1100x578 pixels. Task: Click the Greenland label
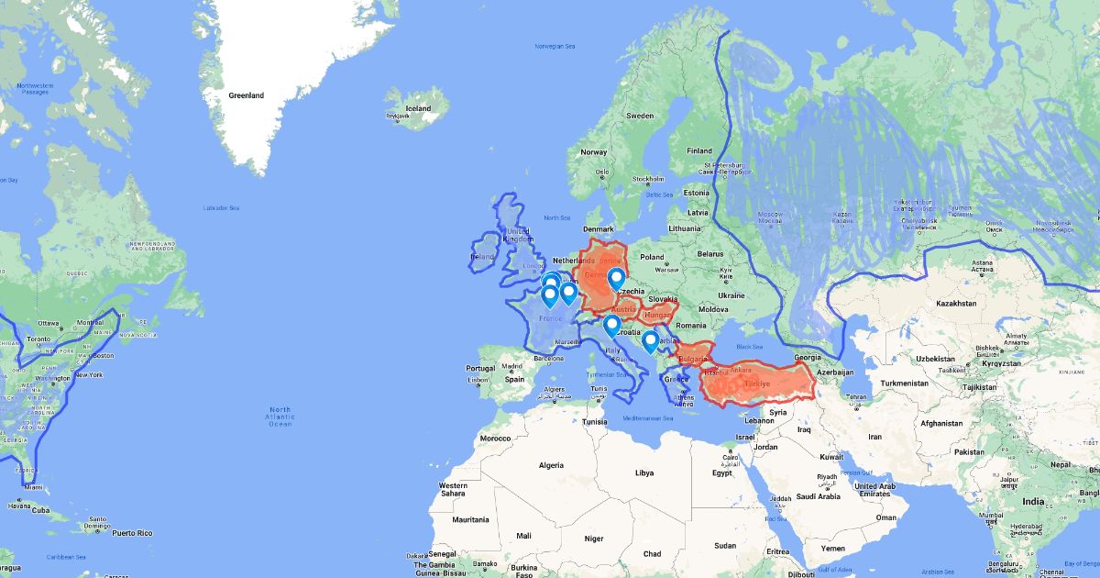(246, 95)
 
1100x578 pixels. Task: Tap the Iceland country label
(418, 108)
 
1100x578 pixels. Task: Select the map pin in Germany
(617, 277)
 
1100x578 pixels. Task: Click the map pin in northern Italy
(611, 325)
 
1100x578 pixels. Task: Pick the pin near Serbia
(650, 341)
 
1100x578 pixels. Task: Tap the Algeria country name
(551, 465)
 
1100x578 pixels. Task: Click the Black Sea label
(749, 346)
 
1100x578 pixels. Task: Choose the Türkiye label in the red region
(756, 383)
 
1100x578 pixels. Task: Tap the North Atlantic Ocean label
(280, 417)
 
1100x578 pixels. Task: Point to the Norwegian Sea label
(555, 46)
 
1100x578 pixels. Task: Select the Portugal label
(480, 369)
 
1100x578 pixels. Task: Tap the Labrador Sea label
(221, 208)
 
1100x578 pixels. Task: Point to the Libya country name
(644, 473)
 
